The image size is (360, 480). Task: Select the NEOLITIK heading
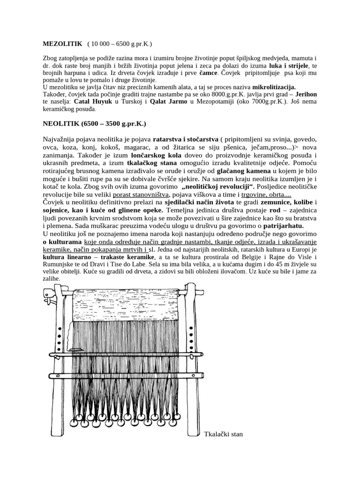(x=94, y=124)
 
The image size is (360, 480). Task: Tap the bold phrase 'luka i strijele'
(x=290, y=66)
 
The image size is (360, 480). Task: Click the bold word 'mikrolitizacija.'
(x=274, y=87)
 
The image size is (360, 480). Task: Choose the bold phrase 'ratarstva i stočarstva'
(x=187, y=139)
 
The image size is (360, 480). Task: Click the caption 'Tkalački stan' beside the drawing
(x=223, y=434)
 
